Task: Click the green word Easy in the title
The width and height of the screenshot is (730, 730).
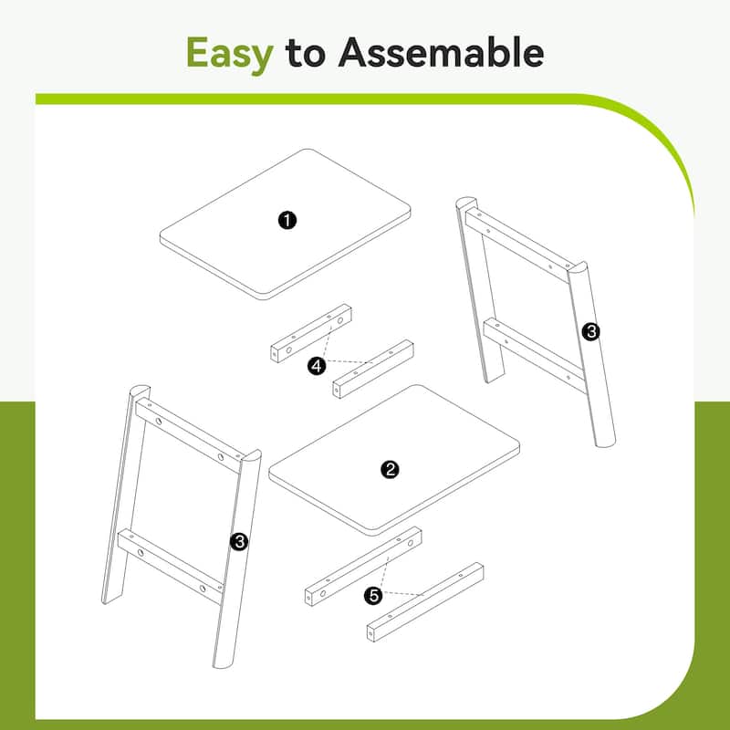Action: pyautogui.click(x=229, y=55)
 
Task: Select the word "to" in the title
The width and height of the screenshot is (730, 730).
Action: pyautogui.click(x=306, y=54)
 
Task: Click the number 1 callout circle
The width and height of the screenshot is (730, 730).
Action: pyautogui.click(x=287, y=220)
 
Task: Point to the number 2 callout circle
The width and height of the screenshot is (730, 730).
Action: pyautogui.click(x=390, y=469)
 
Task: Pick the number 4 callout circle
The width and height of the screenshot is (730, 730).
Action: pyautogui.click(x=317, y=366)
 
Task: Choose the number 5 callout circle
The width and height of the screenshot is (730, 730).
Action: pyautogui.click(x=374, y=596)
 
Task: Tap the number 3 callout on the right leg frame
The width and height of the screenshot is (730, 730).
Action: pyautogui.click(x=590, y=331)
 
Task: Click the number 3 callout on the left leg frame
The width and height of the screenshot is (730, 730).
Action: pyautogui.click(x=239, y=541)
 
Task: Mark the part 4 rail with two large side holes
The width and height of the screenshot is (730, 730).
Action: pyautogui.click(x=311, y=333)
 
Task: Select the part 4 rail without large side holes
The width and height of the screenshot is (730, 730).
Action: pyautogui.click(x=373, y=369)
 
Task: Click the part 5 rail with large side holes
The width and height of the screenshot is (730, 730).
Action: pyautogui.click(x=363, y=566)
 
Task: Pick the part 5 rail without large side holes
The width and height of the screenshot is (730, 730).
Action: pyautogui.click(x=425, y=602)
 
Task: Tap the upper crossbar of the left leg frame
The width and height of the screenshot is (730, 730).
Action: pyautogui.click(x=190, y=435)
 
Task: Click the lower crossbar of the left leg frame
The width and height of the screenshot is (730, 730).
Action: pyautogui.click(x=171, y=567)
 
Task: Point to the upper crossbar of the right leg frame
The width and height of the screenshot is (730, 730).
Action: pyautogui.click(x=517, y=245)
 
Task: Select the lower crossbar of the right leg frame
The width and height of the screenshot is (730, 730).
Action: pyautogui.click(x=535, y=355)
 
